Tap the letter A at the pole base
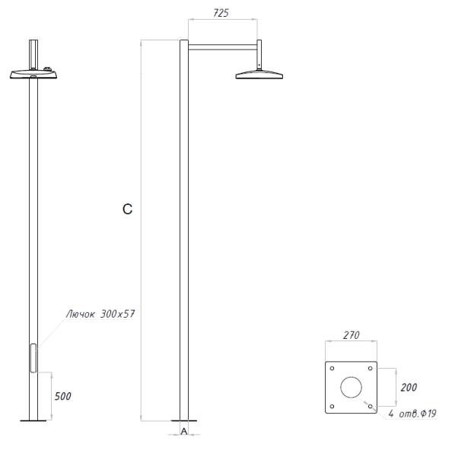tap(184, 432)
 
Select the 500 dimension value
tap(63, 397)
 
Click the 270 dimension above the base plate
tap(351, 335)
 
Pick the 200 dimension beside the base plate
tap(409, 387)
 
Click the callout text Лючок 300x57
tap(100, 314)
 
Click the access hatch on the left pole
tap(33, 358)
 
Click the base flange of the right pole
tap(183, 420)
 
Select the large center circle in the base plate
tap(351, 387)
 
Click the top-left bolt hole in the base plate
tap(332, 368)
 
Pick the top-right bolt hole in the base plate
tap(370, 368)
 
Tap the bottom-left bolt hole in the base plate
tap(332, 406)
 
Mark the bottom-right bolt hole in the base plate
tap(370, 406)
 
